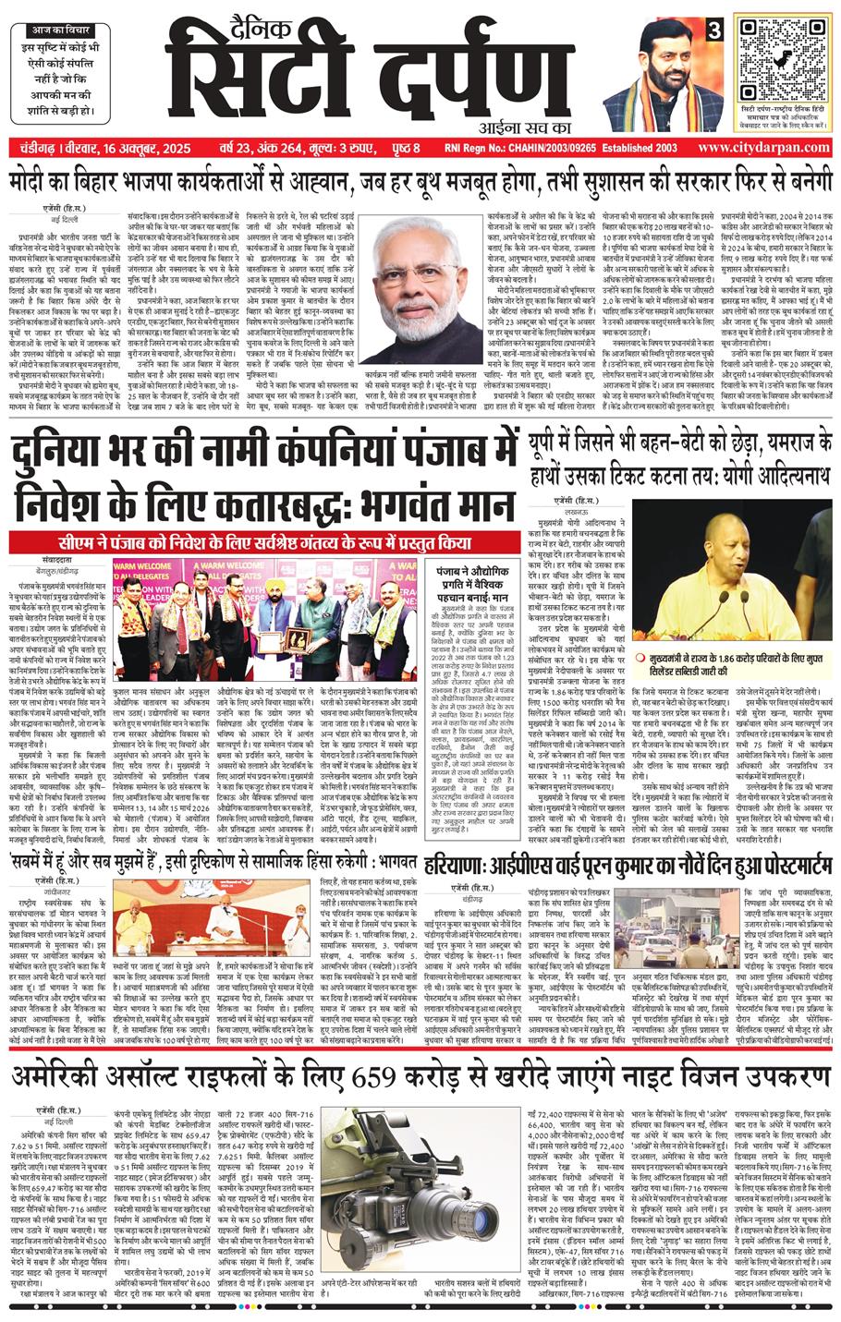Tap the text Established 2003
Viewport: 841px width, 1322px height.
pos(628,147)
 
